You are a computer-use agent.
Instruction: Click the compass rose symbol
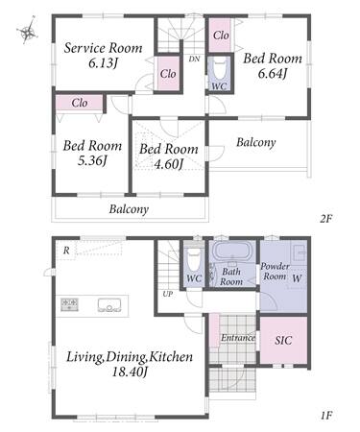(27, 31)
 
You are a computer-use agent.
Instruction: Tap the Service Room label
(103, 48)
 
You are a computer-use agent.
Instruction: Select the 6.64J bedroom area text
(272, 74)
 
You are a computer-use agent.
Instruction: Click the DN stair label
(194, 59)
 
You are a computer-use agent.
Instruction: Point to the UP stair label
(168, 294)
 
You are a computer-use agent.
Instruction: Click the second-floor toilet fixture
(220, 69)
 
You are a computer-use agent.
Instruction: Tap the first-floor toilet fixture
(194, 260)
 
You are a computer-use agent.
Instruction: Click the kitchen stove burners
(69, 304)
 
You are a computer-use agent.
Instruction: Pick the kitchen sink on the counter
(109, 305)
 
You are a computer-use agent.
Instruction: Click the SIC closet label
(283, 340)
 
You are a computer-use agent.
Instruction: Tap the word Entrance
(238, 338)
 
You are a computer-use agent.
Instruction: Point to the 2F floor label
(326, 219)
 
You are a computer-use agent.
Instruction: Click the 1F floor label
(326, 416)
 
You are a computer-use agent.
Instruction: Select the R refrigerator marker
(66, 251)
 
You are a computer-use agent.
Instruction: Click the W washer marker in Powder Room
(297, 278)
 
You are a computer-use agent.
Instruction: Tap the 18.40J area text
(130, 372)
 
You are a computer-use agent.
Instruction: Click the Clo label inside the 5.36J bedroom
(80, 103)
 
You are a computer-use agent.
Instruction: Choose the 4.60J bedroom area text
(169, 164)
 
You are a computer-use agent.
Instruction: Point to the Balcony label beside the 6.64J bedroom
(256, 142)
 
